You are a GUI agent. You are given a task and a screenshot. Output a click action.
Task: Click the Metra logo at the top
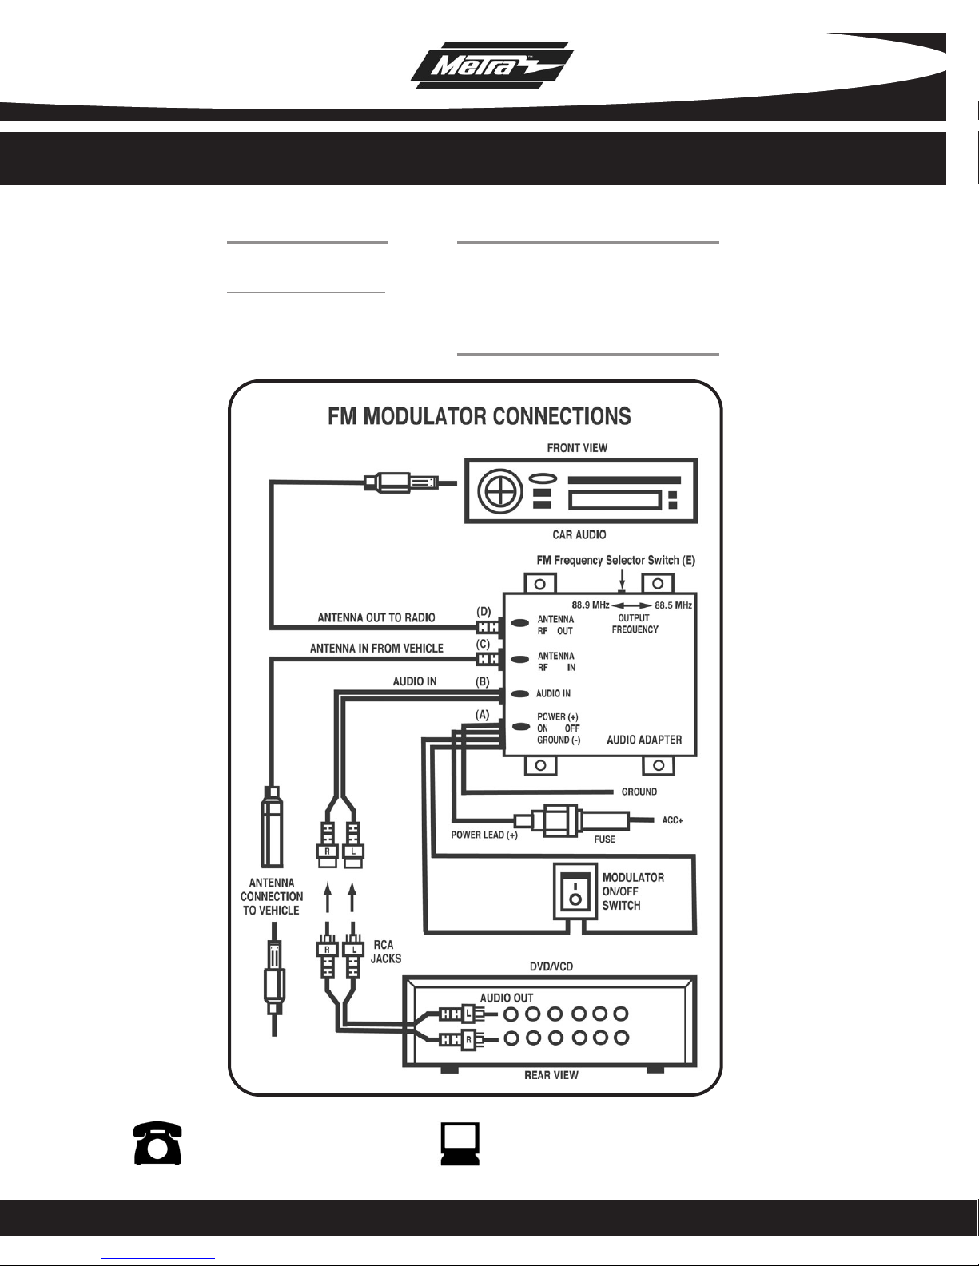point(492,65)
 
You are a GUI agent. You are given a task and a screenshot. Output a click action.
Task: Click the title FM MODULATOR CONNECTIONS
point(479,416)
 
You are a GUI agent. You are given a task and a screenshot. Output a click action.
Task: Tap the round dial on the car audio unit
point(499,491)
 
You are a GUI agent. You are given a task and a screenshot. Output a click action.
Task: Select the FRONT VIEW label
point(577,448)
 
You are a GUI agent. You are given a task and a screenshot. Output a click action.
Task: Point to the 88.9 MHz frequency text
point(591,605)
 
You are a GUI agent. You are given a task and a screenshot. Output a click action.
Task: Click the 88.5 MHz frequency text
point(673,605)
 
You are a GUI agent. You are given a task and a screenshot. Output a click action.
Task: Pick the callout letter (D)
point(484,612)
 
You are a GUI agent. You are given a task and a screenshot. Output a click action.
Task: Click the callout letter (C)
point(483,645)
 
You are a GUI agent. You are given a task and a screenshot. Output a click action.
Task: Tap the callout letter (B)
point(483,681)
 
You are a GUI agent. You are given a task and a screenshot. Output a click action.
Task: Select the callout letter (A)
point(482,714)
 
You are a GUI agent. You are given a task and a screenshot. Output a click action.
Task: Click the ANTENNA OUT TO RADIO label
point(376,617)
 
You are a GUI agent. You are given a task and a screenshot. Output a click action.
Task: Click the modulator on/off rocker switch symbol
point(575,891)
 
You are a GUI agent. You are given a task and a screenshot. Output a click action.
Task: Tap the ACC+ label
point(672,820)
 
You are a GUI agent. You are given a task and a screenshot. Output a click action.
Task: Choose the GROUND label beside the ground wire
point(639,792)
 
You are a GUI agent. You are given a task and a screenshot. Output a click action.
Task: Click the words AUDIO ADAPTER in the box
point(644,740)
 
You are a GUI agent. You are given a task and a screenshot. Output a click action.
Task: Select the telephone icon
point(157,1143)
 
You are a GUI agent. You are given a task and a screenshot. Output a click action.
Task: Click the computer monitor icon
point(460,1144)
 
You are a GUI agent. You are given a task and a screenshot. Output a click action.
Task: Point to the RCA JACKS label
point(386,951)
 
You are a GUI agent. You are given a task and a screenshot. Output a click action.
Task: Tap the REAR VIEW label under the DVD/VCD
point(551,1075)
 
